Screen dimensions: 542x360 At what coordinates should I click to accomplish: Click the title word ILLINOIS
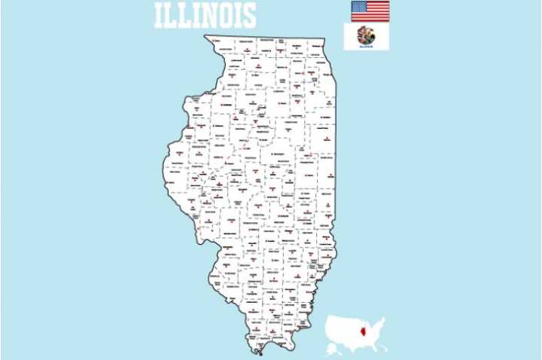click(205, 16)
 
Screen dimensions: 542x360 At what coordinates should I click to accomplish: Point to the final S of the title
click(248, 16)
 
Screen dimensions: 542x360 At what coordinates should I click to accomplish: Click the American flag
click(370, 11)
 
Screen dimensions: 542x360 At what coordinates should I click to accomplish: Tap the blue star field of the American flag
click(359, 7)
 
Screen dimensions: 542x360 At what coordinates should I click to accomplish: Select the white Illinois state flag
click(367, 37)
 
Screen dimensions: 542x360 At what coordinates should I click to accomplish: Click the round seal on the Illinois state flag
click(367, 35)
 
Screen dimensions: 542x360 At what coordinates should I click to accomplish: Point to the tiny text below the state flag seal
click(367, 46)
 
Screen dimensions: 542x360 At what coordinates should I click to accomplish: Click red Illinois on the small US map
click(364, 331)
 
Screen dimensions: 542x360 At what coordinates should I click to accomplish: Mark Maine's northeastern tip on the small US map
click(384, 319)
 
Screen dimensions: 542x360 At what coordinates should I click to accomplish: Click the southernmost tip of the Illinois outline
click(258, 354)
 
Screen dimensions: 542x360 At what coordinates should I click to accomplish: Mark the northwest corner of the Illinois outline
click(205, 35)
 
